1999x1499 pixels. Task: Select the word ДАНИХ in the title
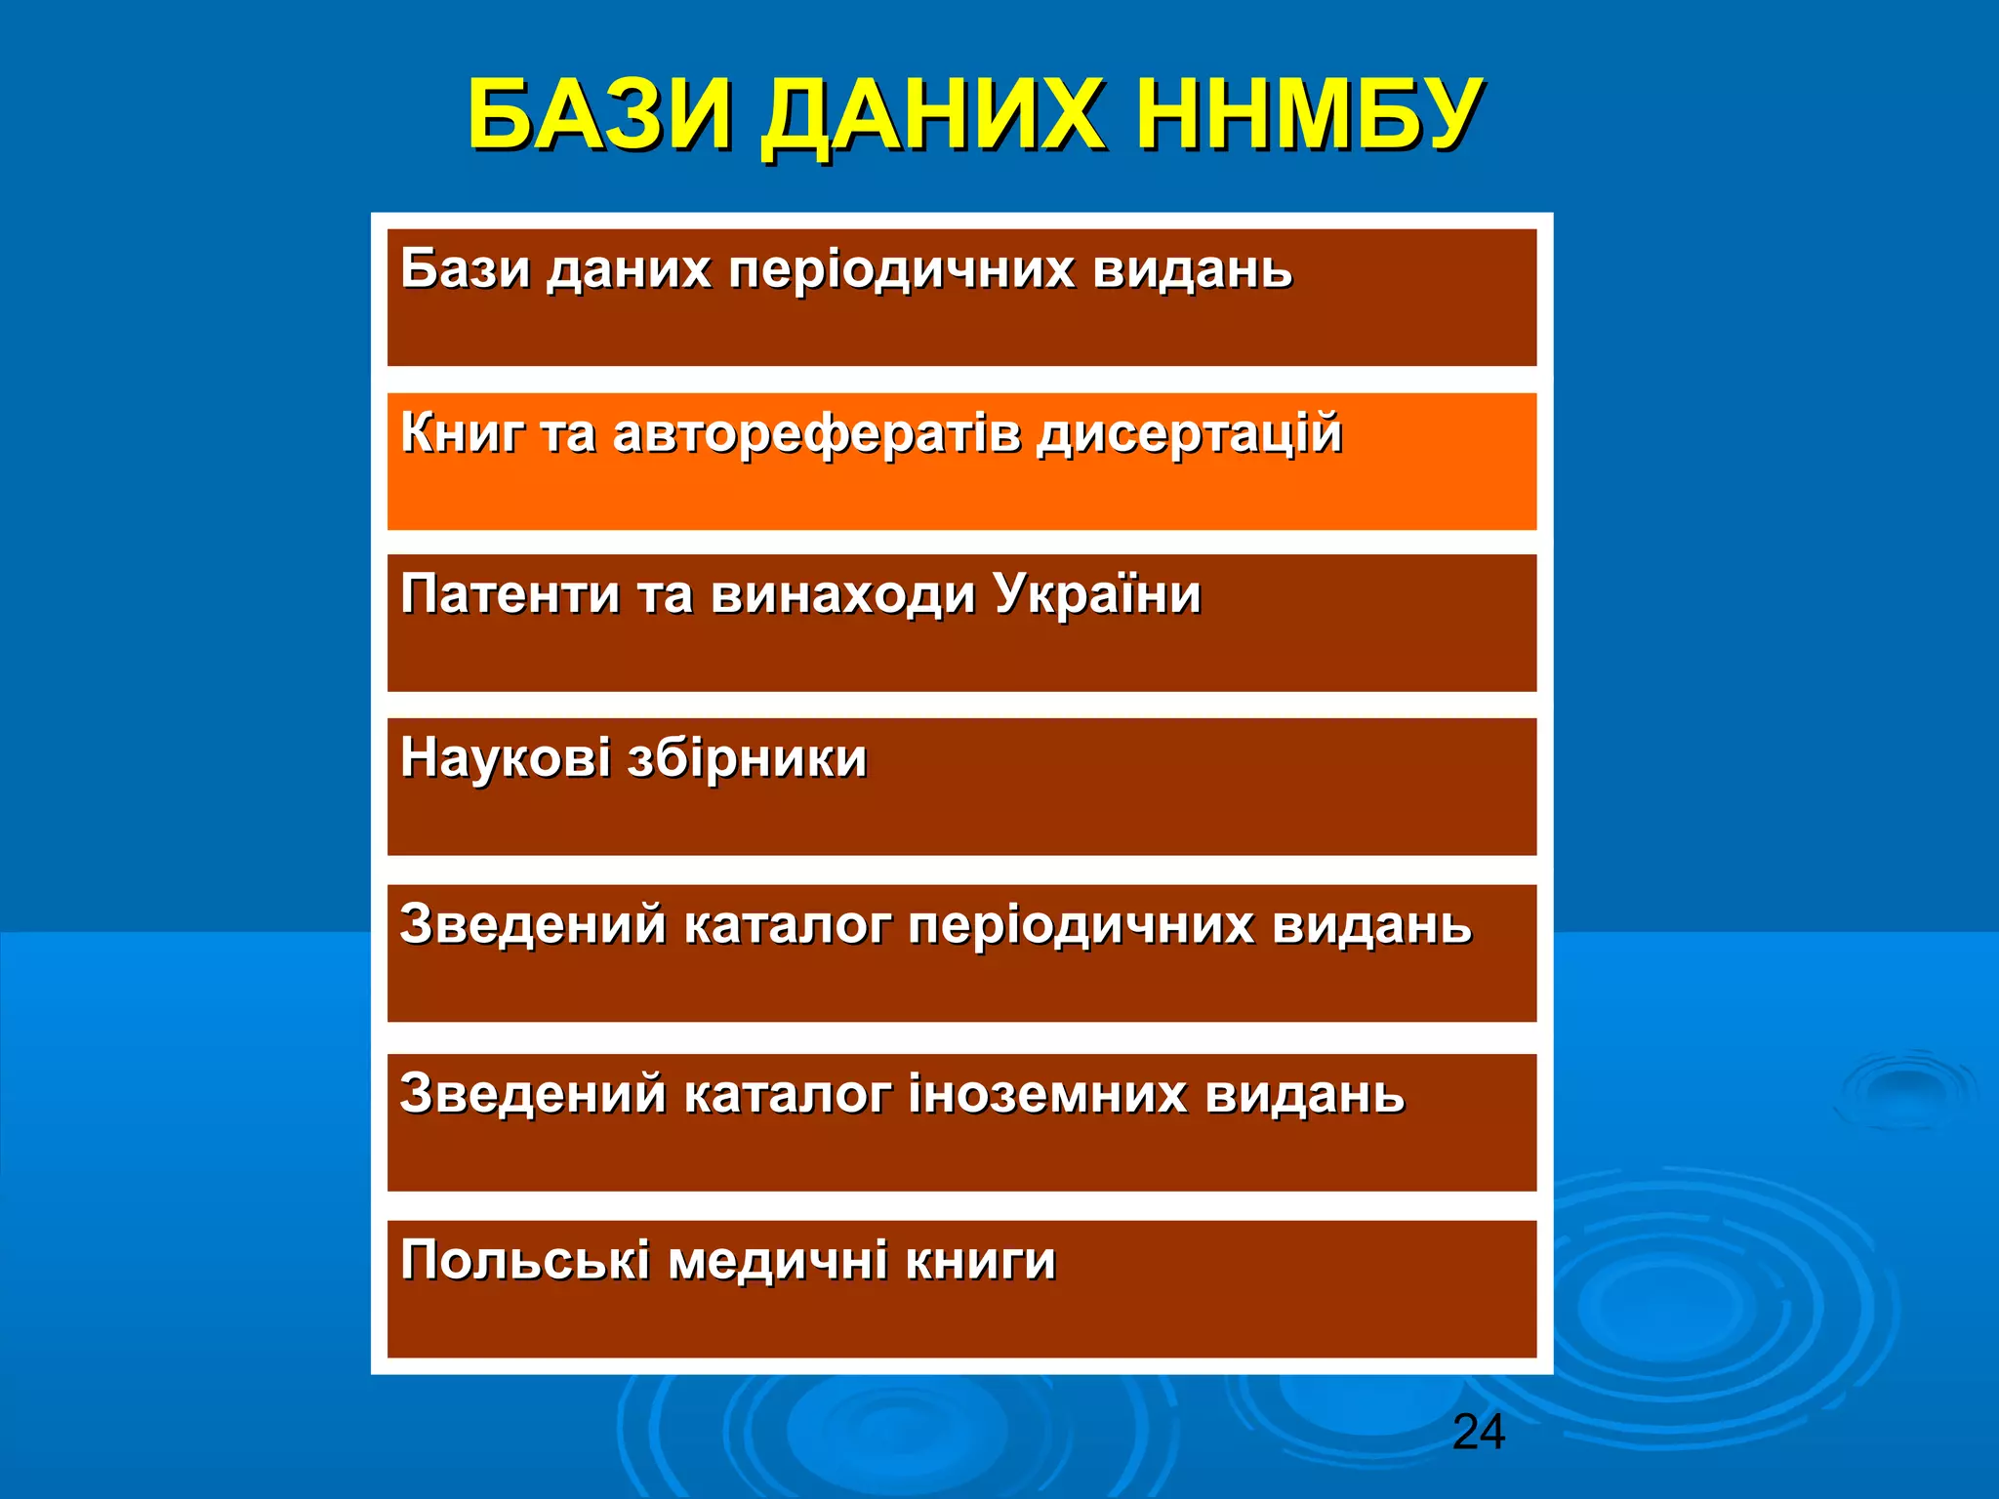coord(932,117)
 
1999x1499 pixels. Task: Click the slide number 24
coord(1478,1433)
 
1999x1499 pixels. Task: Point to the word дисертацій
coord(1189,434)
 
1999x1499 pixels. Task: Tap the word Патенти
coord(510,594)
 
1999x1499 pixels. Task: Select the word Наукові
coord(505,758)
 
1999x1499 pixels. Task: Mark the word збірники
coord(747,759)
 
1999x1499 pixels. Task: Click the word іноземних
coord(1047,1093)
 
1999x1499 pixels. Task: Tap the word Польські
coord(524,1260)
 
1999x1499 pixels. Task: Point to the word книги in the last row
coord(980,1262)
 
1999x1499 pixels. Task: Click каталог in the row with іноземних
coord(787,1094)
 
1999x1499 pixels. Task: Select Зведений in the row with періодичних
coord(532,924)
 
